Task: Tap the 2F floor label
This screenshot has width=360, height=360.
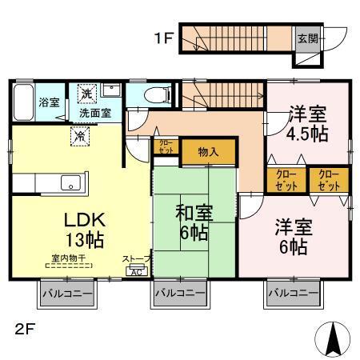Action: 23,328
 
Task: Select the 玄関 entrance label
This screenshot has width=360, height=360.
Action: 307,37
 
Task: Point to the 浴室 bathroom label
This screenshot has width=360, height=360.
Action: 50,102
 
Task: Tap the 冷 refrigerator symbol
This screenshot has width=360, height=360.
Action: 81,136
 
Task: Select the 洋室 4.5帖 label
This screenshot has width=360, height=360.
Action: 306,123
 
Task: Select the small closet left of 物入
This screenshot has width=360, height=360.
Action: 164,149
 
